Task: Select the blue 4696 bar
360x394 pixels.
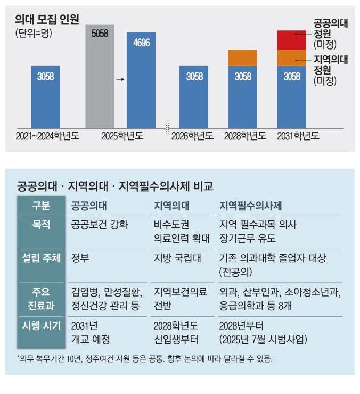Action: coord(141,80)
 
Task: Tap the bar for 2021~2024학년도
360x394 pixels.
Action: coord(45,96)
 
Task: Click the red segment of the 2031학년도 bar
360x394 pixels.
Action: coord(291,40)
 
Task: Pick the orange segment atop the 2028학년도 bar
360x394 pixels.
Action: coord(243,58)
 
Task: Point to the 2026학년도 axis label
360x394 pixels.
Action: coord(192,136)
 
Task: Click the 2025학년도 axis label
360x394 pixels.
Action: coord(122,136)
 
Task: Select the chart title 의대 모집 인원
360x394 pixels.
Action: coord(47,20)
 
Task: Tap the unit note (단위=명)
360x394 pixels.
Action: coord(35,34)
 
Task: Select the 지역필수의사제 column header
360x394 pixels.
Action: coord(250,206)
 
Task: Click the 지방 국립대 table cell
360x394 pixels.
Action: coord(173,259)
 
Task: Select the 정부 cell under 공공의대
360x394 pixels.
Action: coord(80,259)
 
